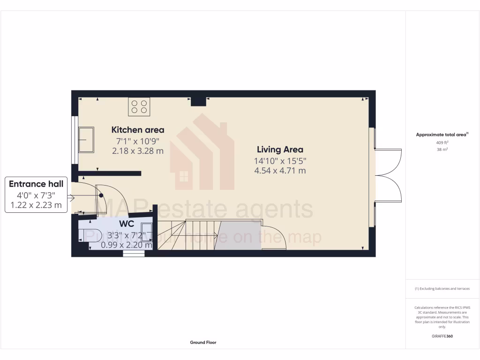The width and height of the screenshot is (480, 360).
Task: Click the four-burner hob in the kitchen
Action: [139, 106]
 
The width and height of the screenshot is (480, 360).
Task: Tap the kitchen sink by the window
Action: [86, 139]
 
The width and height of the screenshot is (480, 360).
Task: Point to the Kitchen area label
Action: [137, 130]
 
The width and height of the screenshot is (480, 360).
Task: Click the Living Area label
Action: [280, 150]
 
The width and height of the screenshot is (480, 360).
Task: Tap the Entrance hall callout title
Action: [36, 184]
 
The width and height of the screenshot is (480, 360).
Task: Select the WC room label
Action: [127, 224]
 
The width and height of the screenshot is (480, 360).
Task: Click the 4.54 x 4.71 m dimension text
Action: [280, 171]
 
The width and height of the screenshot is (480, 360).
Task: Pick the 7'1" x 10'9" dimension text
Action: [137, 141]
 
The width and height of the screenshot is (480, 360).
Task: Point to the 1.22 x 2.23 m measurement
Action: [36, 205]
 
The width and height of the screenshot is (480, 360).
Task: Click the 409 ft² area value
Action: [442, 142]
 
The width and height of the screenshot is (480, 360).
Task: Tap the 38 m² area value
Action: [442, 150]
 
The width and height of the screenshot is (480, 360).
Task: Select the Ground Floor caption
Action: [203, 343]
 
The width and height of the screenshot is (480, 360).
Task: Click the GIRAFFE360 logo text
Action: [442, 336]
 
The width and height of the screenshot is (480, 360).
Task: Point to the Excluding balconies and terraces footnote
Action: [442, 289]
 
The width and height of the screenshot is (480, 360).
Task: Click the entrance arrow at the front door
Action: [70, 196]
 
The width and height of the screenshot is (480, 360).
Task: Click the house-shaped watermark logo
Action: [202, 152]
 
